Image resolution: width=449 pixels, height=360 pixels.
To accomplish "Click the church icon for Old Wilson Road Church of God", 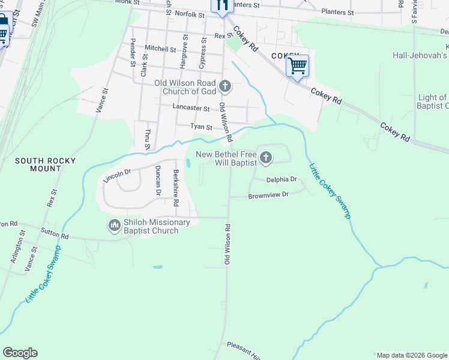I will pyautogui.click(x=225, y=86).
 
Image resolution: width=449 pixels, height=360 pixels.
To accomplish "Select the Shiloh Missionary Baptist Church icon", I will pyautogui.click(x=114, y=226).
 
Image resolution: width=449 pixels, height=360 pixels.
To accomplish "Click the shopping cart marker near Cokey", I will pyautogui.click(x=297, y=66).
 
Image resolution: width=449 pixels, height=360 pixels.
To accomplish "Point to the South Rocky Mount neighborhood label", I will pyautogui.click(x=46, y=164).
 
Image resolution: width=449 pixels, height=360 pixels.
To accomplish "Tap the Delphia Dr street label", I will pyautogui.click(x=282, y=179).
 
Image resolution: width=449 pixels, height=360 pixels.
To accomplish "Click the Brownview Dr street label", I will pyautogui.click(x=269, y=195).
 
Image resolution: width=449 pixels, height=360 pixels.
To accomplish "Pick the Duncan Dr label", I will pyautogui.click(x=158, y=181).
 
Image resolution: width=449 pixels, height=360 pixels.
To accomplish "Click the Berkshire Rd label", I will pyautogui.click(x=176, y=188).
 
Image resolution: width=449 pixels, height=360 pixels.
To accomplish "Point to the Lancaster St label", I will pyautogui.click(x=191, y=109).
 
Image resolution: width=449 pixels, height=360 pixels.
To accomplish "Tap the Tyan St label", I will pyautogui.click(x=201, y=127).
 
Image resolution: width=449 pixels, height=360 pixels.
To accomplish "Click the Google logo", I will pyautogui.click(x=20, y=353).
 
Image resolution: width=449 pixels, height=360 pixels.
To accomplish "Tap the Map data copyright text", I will pyautogui.click(x=411, y=355).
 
